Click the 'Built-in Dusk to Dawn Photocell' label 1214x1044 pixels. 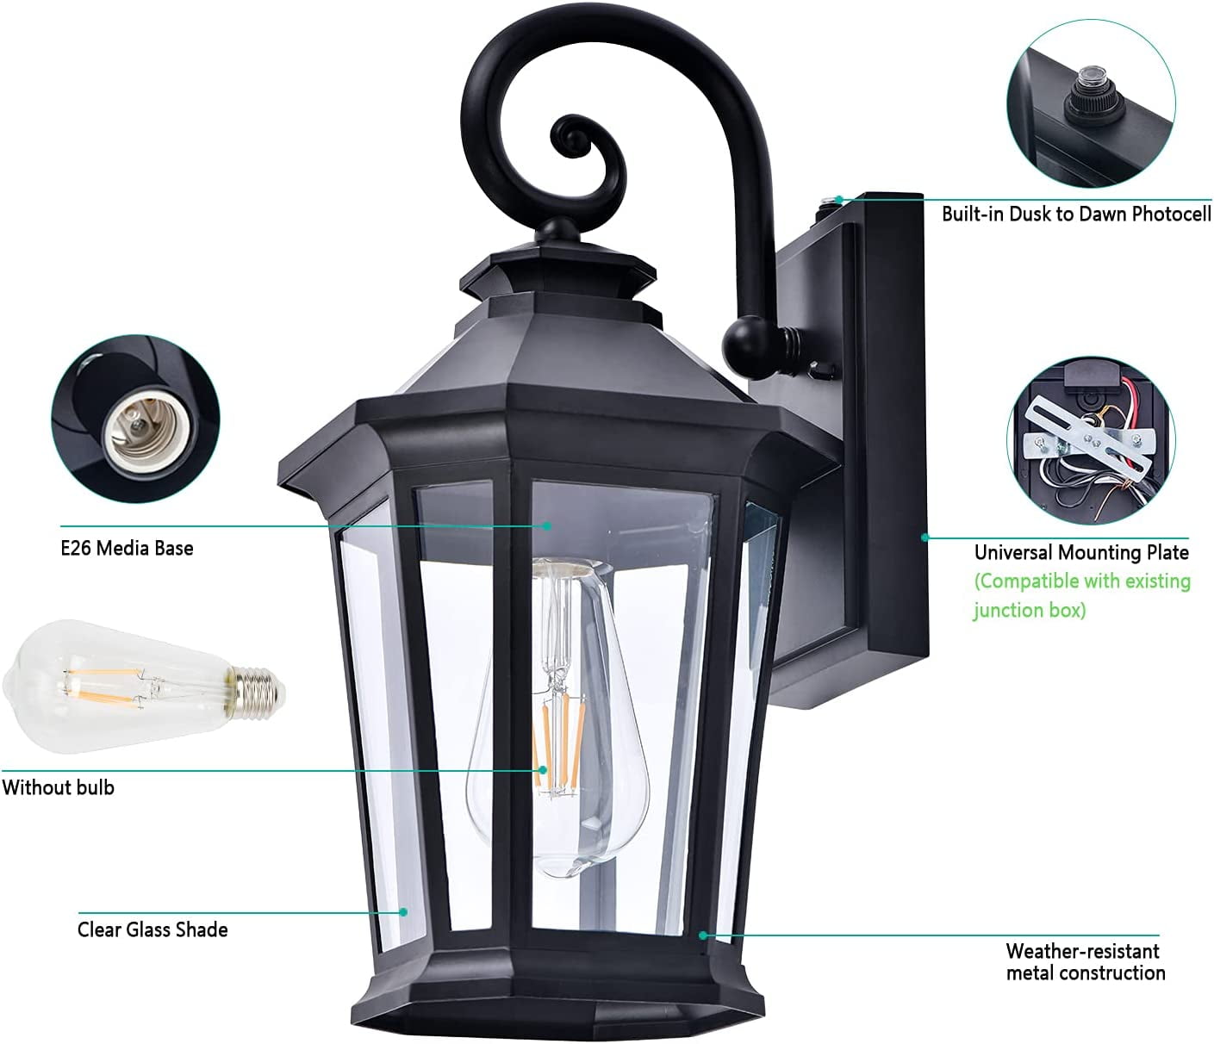coord(1076,214)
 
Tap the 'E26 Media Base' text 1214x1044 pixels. coord(127,549)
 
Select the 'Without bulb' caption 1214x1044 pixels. coord(58,787)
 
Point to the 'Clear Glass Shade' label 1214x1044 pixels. coord(153,930)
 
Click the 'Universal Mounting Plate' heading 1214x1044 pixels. coord(1082,552)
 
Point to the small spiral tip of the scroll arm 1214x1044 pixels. coord(570,134)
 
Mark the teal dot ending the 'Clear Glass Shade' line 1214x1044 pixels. coord(403,912)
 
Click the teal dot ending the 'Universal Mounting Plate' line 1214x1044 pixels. coord(925,537)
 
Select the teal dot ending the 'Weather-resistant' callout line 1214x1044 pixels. coord(702,935)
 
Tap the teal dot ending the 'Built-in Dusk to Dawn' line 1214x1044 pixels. coord(840,200)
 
